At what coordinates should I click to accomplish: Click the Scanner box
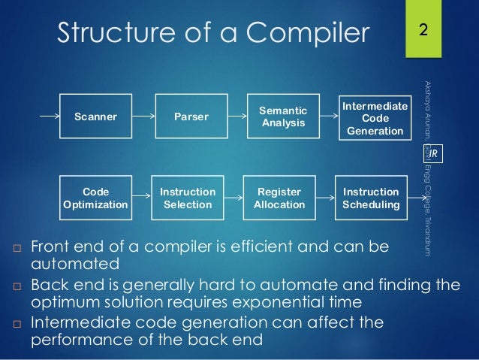[x=95, y=116]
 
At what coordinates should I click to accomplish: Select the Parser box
[x=191, y=116]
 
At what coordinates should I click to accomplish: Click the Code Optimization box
[x=95, y=198]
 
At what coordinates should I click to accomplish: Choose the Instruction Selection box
[x=188, y=198]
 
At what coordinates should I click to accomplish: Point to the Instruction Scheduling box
[x=371, y=198]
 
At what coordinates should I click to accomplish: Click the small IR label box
[x=433, y=155]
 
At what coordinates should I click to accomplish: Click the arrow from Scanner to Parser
[x=143, y=116]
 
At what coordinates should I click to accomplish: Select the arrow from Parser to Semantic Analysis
[x=236, y=116]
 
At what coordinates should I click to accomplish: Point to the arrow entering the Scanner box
[x=48, y=116]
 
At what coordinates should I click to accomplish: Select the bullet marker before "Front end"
[x=17, y=247]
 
